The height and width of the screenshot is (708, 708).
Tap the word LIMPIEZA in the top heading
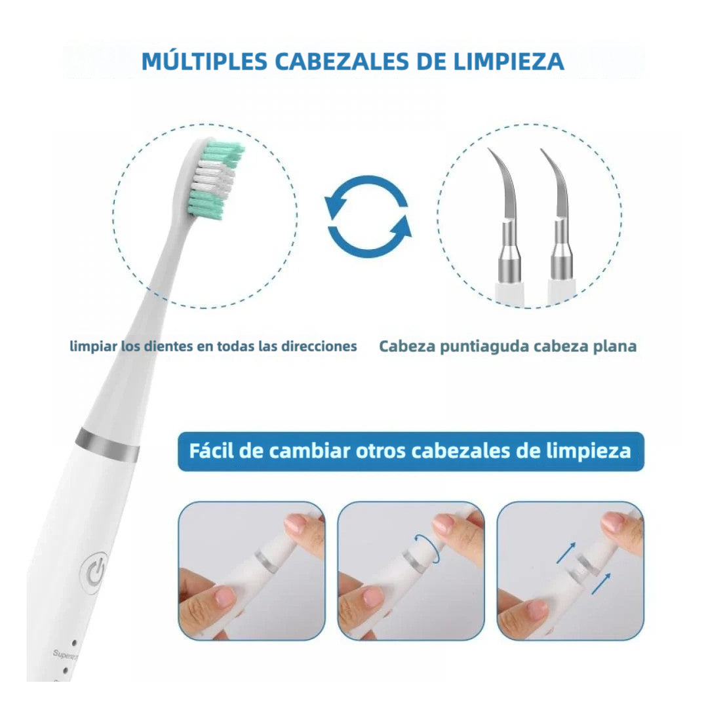(x=509, y=62)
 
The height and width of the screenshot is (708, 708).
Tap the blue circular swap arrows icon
(x=368, y=216)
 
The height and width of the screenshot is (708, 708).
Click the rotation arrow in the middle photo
(x=427, y=547)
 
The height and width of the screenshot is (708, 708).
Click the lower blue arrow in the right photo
(x=600, y=583)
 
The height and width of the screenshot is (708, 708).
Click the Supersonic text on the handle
(x=65, y=654)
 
